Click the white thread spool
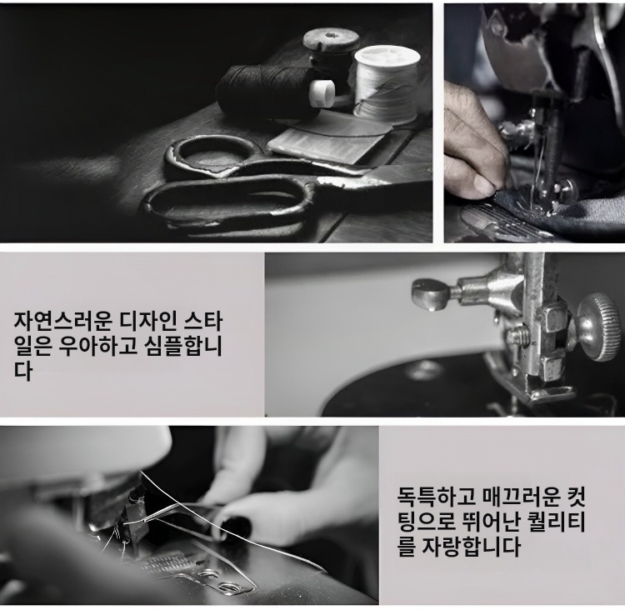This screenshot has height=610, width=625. click(387, 84)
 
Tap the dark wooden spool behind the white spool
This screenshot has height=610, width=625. click(331, 52)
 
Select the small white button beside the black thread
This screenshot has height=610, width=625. click(322, 92)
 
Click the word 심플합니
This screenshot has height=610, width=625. click(179, 346)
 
